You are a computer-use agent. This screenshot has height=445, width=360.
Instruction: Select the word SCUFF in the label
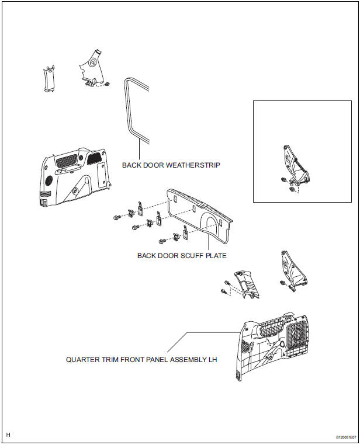pyautogui.click(x=189, y=255)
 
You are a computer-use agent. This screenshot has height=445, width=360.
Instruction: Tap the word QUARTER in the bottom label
pyautogui.click(x=82, y=360)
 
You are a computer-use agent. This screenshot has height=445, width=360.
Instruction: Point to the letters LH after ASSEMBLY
pyautogui.click(x=212, y=360)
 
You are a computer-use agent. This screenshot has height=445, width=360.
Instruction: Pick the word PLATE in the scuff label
pyautogui.click(x=214, y=255)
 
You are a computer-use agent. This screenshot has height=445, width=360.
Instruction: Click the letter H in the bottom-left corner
pyautogui.click(x=9, y=435)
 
